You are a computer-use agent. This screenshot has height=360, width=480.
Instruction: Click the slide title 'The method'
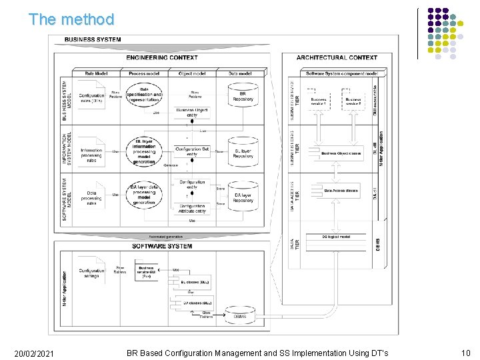pos(71,19)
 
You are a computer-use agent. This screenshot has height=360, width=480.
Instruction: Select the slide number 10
pos(465,353)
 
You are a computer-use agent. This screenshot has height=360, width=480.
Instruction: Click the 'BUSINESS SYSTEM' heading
pos(93,39)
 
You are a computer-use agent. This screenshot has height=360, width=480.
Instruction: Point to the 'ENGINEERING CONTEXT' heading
pos(161,58)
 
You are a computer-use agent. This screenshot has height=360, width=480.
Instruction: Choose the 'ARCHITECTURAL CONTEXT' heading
pos(337,58)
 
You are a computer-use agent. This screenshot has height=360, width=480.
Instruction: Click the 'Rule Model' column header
pos(96,73)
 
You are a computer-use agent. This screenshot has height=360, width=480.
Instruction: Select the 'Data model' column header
pos(240,73)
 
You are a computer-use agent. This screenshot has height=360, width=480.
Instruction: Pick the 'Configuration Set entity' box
pos(192,152)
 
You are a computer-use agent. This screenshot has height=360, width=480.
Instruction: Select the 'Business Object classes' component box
pos(341,153)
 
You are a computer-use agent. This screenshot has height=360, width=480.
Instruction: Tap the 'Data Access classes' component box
pos(341,191)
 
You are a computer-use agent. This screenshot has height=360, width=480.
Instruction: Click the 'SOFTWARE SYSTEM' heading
pos(162,246)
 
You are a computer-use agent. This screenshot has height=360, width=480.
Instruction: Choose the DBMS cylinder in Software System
pos(239,315)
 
